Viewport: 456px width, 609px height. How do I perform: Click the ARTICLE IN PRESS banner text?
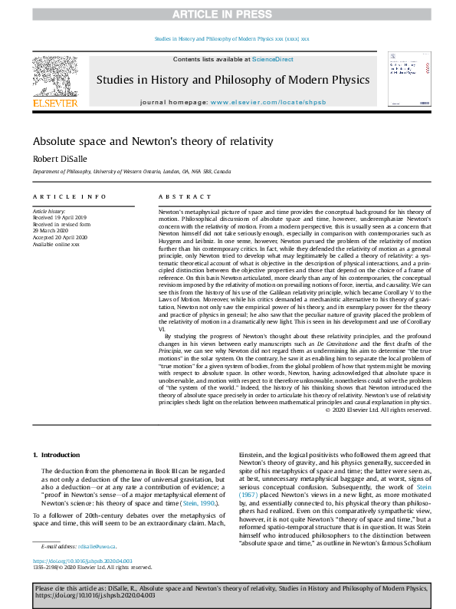228,15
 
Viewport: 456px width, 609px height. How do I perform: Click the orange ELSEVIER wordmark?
54,103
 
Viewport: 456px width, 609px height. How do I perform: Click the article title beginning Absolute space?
142,142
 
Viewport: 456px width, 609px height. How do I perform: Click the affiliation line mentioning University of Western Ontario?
131,172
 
